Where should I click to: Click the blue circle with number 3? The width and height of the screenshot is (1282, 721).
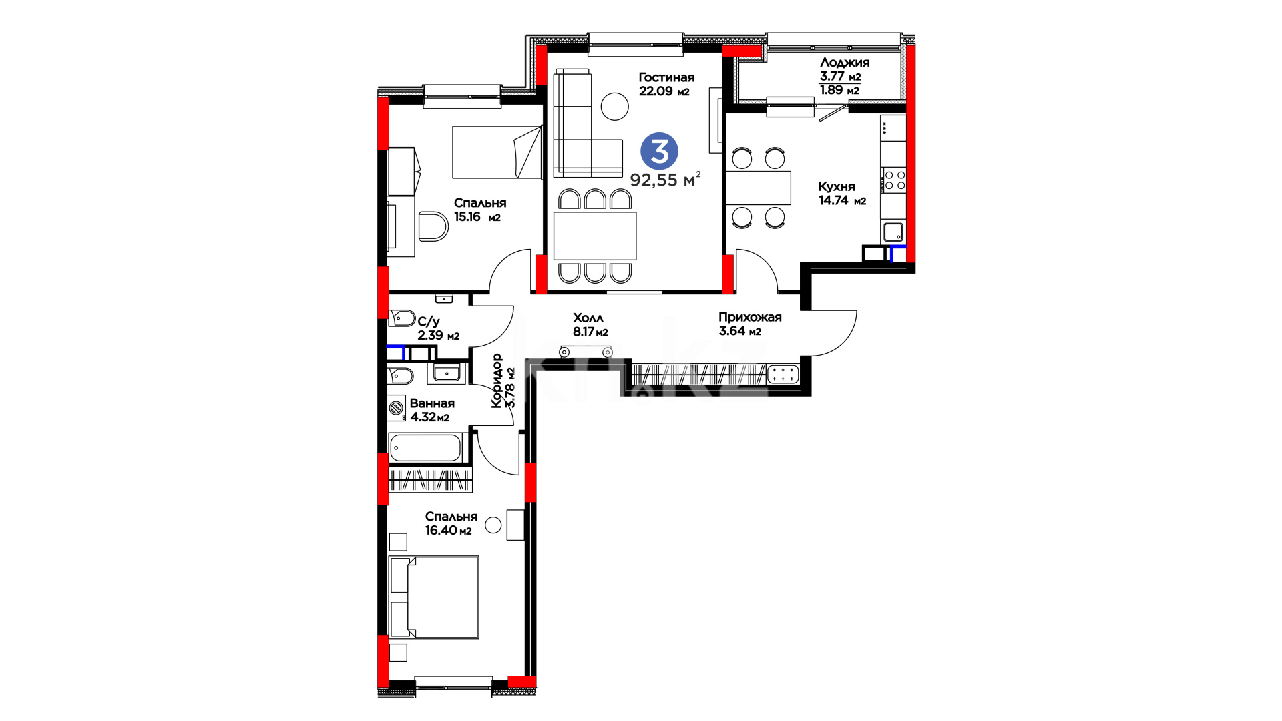659,151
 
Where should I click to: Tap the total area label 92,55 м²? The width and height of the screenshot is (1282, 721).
665,179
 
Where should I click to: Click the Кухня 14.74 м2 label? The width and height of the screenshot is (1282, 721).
842,193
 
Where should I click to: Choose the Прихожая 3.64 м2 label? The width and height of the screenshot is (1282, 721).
750,324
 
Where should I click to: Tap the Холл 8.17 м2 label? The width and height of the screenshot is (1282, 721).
590,324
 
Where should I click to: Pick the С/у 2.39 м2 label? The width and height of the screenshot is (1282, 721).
438,328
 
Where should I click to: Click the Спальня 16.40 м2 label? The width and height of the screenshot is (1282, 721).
451,523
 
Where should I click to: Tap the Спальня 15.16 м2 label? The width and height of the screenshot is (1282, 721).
480,210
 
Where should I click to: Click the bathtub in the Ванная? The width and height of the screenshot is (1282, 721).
425,447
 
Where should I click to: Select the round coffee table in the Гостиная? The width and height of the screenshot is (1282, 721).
614,106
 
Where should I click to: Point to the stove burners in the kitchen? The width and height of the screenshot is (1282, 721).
895,180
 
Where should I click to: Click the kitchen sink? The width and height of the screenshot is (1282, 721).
893,232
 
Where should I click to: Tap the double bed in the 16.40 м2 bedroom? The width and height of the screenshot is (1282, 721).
434,597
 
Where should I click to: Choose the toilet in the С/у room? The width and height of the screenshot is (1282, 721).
401,318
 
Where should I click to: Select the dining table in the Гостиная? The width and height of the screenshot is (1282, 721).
595,236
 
